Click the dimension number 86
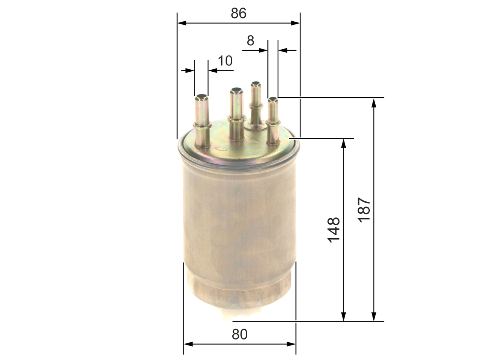coord(239,13)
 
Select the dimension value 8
coord(250,41)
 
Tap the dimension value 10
coord(225,61)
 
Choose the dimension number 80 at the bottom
coord(239,334)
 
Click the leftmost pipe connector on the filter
coord(202,122)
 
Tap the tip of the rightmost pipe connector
coord(272,100)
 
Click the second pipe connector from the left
coord(236,114)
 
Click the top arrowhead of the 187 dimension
coord(374,102)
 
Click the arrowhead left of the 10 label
coord(190,71)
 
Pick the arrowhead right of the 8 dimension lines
coord(282,50)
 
